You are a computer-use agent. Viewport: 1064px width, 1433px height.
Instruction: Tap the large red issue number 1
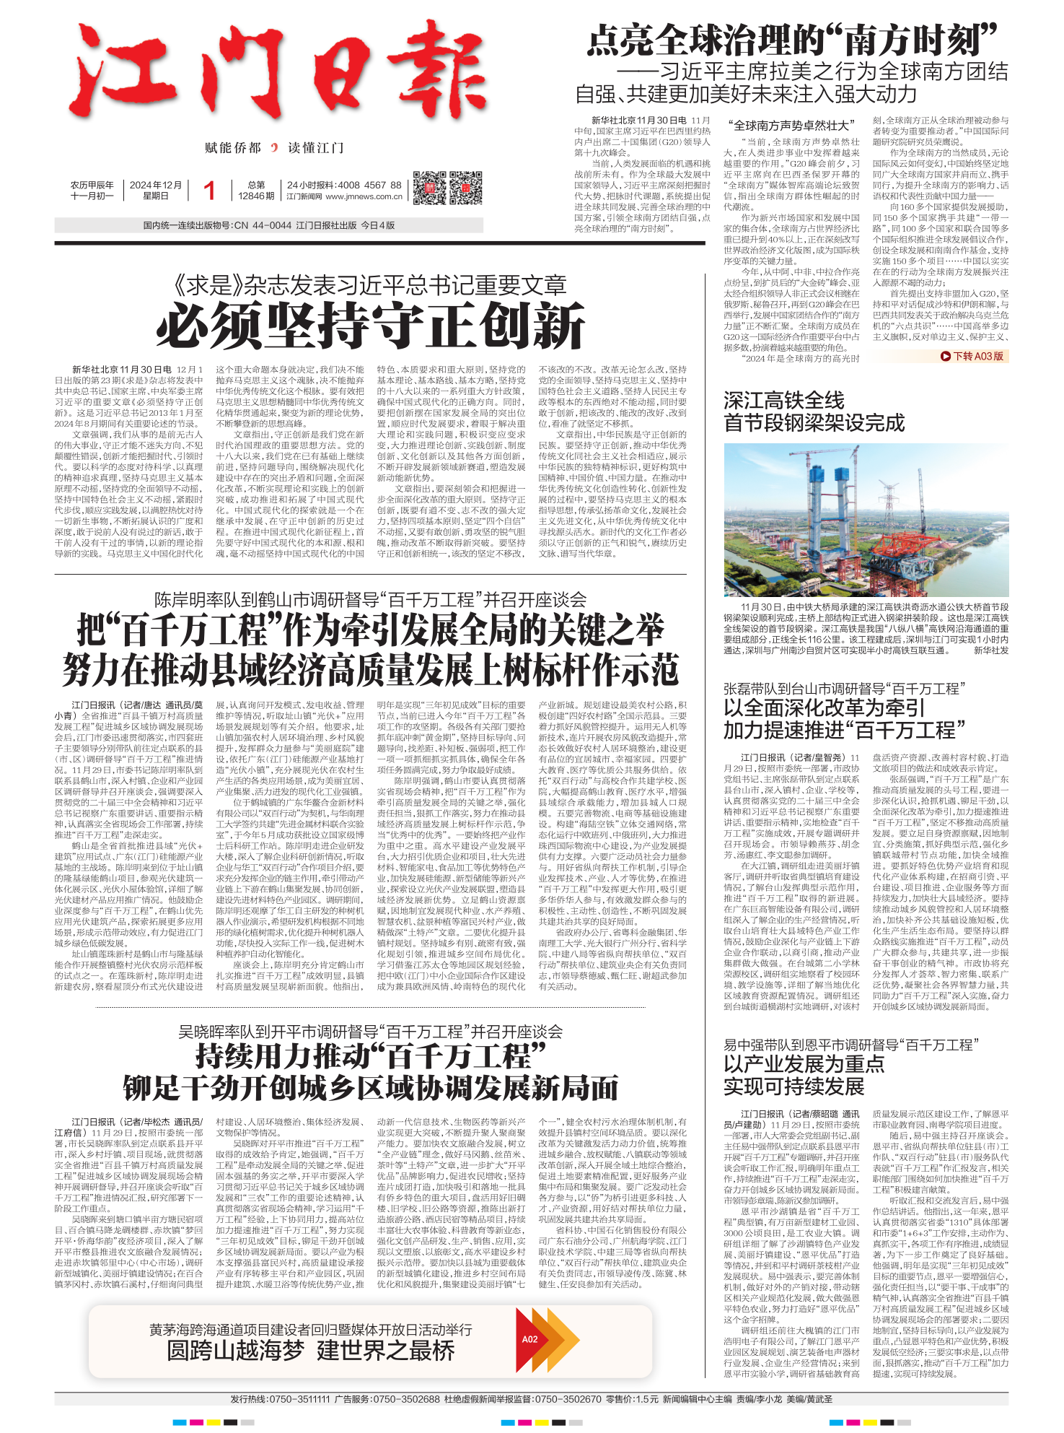point(209,191)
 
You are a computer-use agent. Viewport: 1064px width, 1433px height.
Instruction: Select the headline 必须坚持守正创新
point(370,326)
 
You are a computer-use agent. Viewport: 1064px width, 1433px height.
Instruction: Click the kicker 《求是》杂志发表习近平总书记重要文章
point(370,286)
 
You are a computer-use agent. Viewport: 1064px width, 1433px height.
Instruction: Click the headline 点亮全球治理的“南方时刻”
point(791,40)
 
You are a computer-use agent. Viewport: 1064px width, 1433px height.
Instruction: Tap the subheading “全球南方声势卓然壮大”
point(792,125)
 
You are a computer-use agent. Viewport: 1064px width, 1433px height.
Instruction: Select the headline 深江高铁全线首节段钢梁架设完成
point(814,411)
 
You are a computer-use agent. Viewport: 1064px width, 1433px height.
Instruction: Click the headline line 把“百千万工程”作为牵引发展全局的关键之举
point(370,630)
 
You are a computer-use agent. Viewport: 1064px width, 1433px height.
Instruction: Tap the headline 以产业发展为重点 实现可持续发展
point(804,1075)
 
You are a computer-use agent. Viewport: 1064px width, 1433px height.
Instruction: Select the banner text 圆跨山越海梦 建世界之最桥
point(310,1350)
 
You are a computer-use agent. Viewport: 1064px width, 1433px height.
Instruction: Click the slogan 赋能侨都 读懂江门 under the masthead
point(274,148)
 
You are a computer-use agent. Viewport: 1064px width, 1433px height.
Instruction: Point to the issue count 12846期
point(256,196)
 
